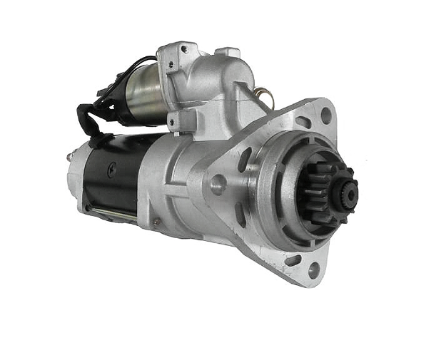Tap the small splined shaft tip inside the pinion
pos(350,192)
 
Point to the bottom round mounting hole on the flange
pos(313,269)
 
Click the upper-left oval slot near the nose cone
pos(246,158)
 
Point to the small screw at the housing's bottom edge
pos(156,222)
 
